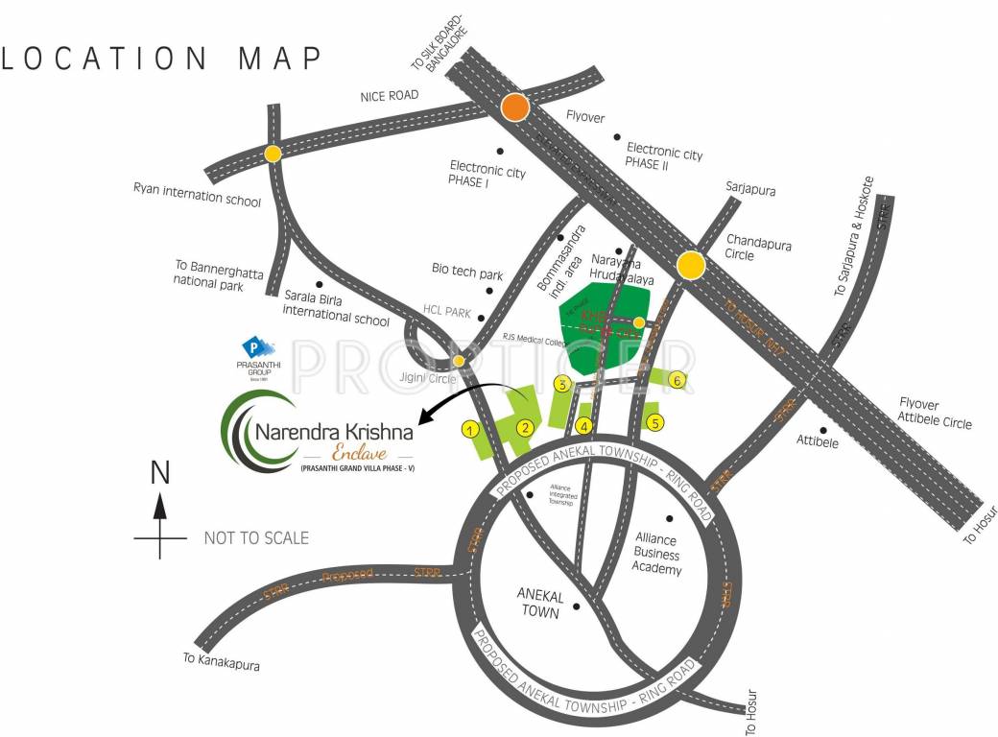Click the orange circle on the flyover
point(516,107)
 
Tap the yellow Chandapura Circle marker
point(691,266)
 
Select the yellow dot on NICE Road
point(273,154)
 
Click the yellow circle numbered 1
point(470,429)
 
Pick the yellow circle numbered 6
point(677,380)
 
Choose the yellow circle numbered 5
point(656,421)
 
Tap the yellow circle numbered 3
point(562,385)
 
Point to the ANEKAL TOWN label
point(538,602)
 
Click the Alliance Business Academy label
point(658,555)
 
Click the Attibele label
point(819,441)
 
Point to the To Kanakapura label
point(221,663)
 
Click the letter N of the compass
point(160,473)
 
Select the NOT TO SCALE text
point(256,538)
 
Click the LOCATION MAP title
point(161,58)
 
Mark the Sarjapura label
point(750,190)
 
